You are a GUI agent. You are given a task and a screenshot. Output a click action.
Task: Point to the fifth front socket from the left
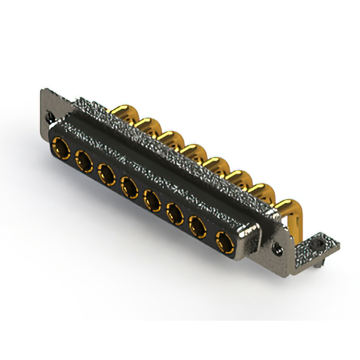[152, 198]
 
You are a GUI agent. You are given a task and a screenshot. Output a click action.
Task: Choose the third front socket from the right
[175, 213]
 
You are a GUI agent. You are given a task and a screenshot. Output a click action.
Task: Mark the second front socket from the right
[198, 228]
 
